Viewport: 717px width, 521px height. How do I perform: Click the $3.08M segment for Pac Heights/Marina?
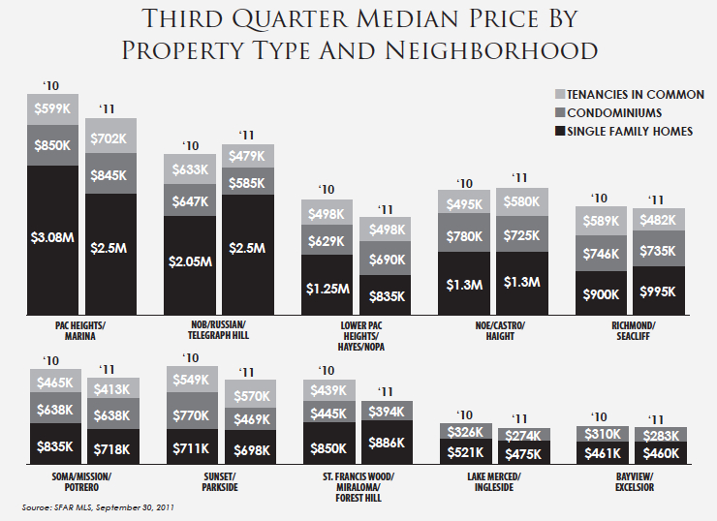click(x=51, y=236)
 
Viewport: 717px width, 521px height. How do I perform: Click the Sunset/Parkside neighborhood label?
click(x=219, y=480)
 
